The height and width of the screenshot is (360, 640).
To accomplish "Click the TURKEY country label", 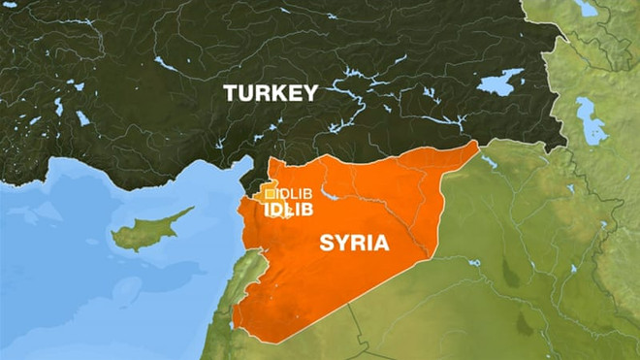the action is point(270,93).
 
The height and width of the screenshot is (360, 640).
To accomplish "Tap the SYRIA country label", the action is point(354,242).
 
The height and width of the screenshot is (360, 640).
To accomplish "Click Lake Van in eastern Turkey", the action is point(499,82).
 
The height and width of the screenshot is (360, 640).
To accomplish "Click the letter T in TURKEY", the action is point(231,93).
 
